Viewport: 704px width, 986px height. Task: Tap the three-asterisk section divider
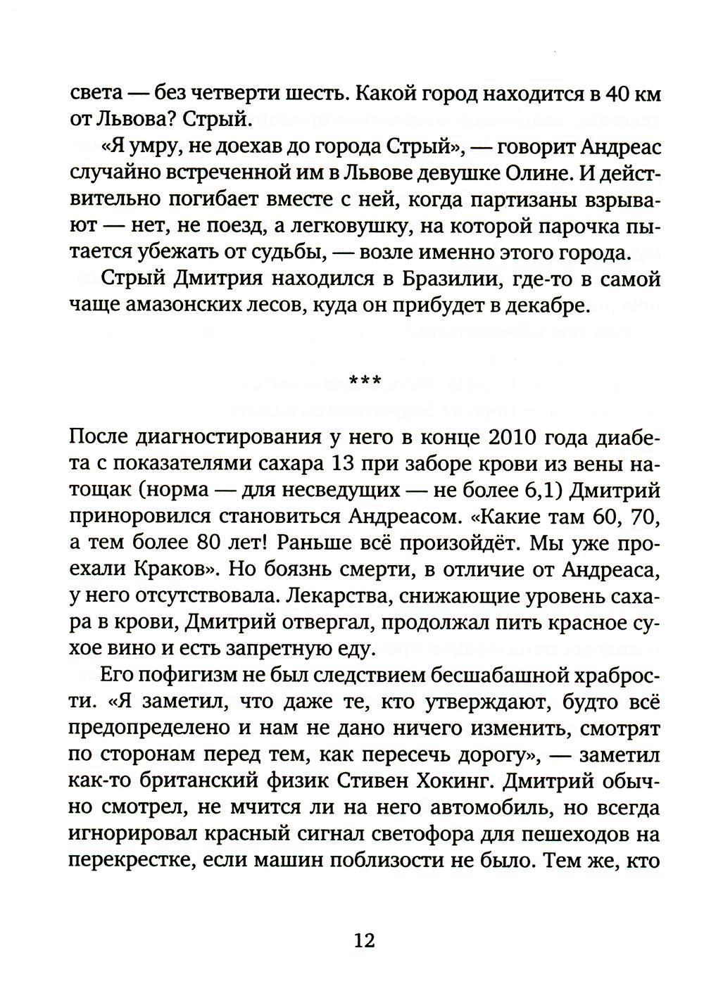click(x=365, y=381)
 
